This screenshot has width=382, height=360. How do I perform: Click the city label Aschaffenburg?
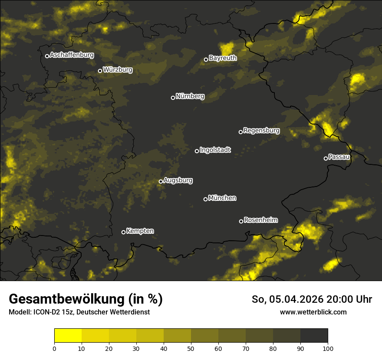click(x=72, y=55)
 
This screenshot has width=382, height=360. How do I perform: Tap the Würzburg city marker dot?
click(x=100, y=71)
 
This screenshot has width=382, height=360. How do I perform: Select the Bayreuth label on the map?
click(x=223, y=58)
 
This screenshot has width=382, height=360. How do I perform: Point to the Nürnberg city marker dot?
click(x=173, y=98)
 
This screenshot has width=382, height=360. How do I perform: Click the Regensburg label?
click(x=261, y=130)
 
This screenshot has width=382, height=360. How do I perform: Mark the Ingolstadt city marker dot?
click(x=197, y=151)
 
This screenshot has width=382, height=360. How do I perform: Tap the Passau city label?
click(x=339, y=157)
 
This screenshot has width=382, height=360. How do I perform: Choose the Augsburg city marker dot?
click(x=161, y=182)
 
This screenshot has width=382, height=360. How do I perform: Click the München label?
click(x=222, y=198)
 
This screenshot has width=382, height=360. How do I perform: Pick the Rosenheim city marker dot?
click(x=241, y=221)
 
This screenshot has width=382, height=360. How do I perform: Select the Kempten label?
click(x=140, y=231)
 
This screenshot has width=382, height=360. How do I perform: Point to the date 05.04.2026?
click(x=295, y=299)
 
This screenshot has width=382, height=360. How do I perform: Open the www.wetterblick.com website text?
click(x=313, y=312)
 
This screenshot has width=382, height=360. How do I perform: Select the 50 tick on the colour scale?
click(x=191, y=348)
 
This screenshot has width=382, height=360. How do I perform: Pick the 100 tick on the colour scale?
click(x=327, y=348)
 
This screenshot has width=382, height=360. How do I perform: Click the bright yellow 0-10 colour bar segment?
click(x=68, y=336)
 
